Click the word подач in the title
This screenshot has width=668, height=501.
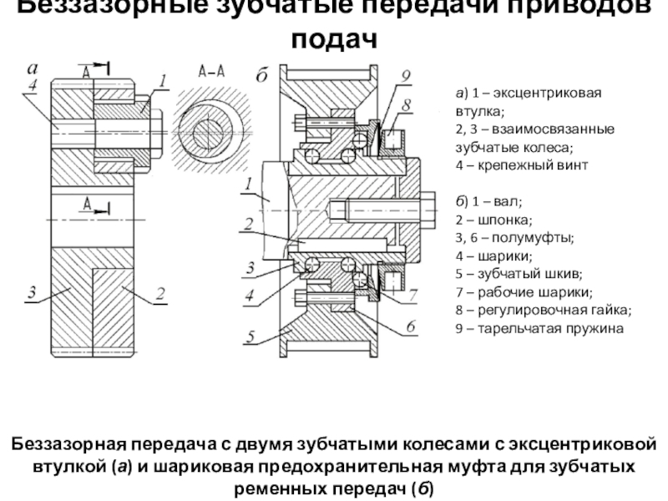(334, 38)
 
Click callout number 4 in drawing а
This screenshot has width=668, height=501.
(31, 84)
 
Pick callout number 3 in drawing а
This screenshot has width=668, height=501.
(31, 291)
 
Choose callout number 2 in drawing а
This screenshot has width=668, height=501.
(159, 293)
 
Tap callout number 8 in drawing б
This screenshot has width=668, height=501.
(407, 105)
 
